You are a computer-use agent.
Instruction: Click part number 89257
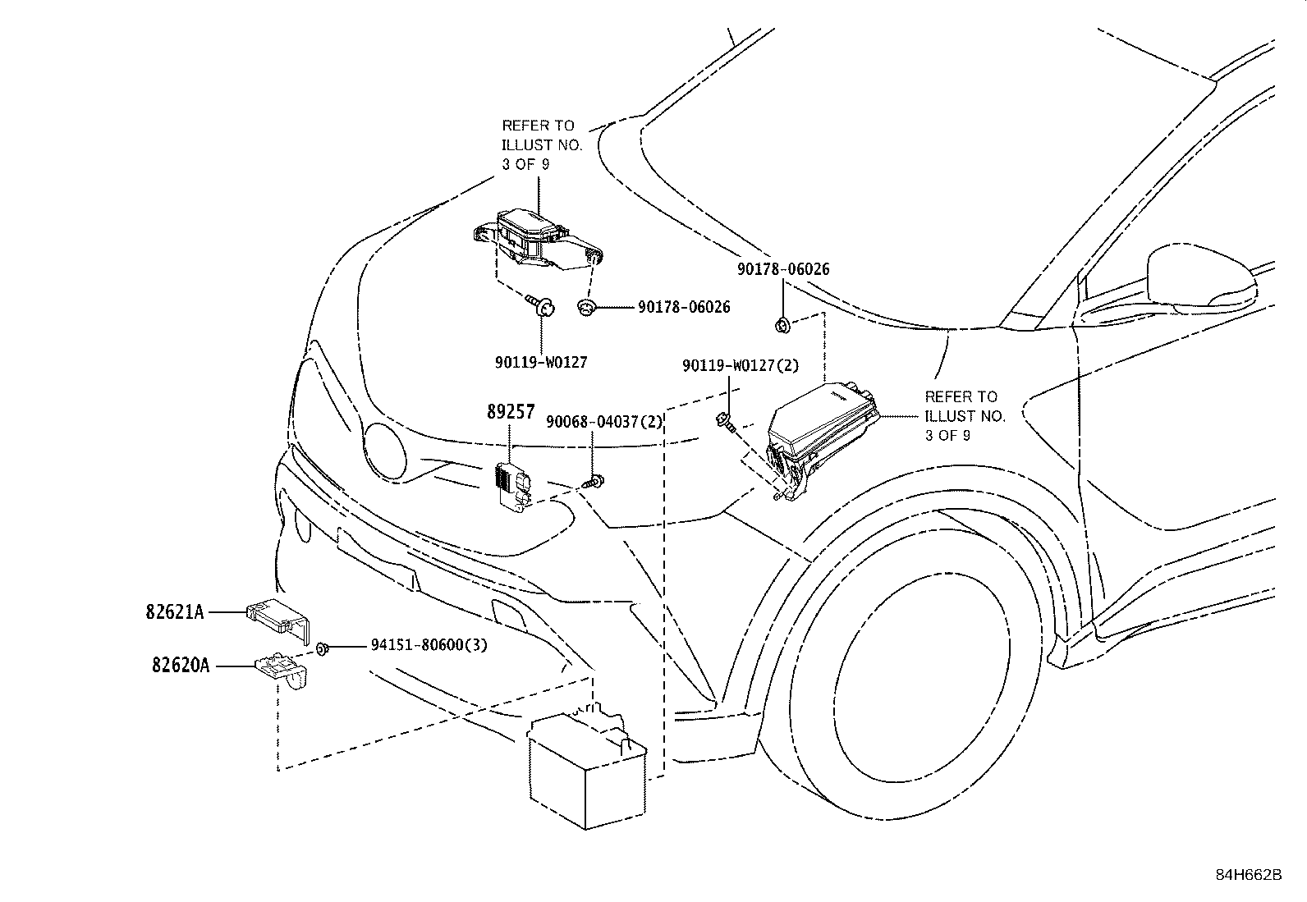pos(511,412)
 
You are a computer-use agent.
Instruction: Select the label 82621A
pos(175,612)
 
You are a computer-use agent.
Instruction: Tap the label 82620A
pos(181,665)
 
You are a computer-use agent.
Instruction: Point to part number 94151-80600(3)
pos(429,645)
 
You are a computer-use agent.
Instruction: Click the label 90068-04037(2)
pos(604,422)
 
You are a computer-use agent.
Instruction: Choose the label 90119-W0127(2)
pos(741,366)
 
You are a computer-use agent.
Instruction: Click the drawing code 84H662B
pos(1249,875)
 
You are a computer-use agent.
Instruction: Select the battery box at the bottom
pos(586,770)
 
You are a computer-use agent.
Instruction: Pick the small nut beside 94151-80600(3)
pos(322,648)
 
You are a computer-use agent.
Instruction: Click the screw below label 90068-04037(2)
pos(594,482)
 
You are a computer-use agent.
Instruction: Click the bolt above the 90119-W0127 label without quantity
pos(541,305)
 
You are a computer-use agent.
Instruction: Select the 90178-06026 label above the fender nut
pos(783,269)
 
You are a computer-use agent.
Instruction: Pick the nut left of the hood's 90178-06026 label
pos(585,307)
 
